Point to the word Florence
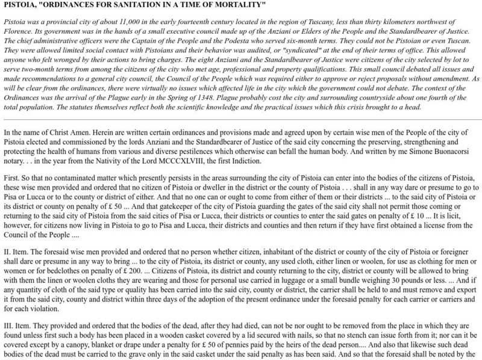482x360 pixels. point(17,29)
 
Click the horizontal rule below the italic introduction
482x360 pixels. point(241,119)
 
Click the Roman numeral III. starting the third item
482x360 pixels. point(8,323)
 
